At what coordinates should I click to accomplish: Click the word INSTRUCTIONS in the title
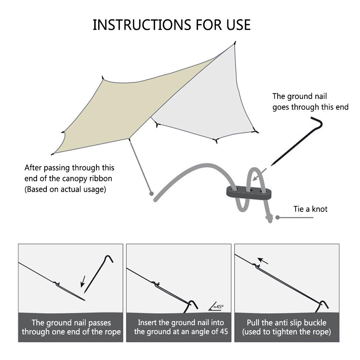[x=142, y=25]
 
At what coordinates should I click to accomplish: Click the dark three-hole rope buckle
[x=249, y=192]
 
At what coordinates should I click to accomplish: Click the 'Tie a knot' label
[x=310, y=209]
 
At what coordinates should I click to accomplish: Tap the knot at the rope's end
[x=269, y=219]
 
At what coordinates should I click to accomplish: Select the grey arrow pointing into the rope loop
[x=259, y=175]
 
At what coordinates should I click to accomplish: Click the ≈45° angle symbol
[x=216, y=306]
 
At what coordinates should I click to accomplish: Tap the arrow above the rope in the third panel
[x=263, y=261]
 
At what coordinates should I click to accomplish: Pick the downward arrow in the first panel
[x=83, y=282]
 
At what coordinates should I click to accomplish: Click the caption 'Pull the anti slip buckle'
[x=287, y=323]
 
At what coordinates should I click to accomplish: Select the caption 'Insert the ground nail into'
[x=181, y=323]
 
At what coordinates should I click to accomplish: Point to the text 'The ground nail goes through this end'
[x=310, y=101]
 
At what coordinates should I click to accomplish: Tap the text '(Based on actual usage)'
[x=65, y=190]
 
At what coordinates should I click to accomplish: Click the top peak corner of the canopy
[x=234, y=43]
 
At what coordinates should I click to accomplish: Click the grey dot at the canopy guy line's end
[x=151, y=193]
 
